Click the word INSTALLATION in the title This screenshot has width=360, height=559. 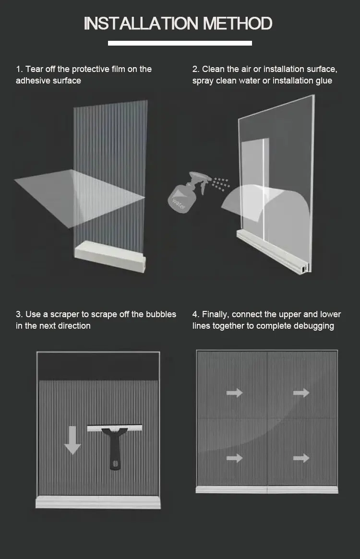[141, 24]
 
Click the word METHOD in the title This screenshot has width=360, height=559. [238, 24]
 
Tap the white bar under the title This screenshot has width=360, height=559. [180, 43]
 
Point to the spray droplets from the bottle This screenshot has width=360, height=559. [220, 183]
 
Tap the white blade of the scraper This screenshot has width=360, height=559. [115, 428]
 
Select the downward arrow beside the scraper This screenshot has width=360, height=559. [72, 440]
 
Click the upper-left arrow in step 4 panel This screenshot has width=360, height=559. [234, 393]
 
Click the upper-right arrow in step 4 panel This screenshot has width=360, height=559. [301, 393]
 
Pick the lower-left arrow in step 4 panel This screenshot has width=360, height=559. [234, 458]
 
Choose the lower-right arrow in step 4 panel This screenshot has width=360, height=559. [301, 458]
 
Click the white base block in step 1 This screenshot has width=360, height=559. [110, 256]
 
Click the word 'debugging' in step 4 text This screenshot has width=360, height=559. [313, 326]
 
